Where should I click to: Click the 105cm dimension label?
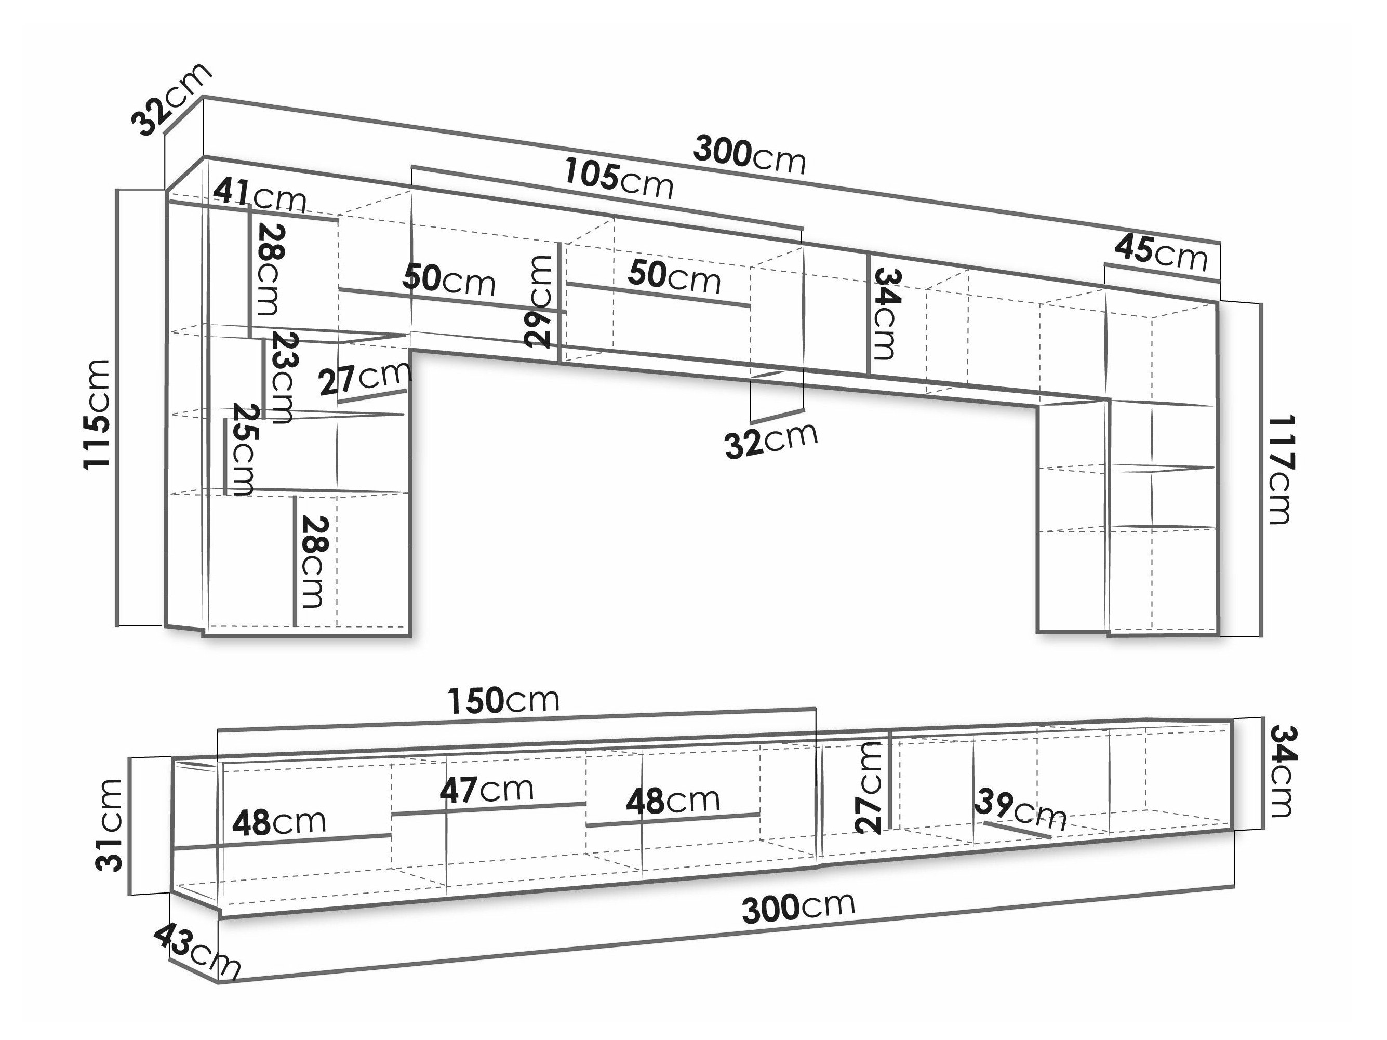(x=618, y=179)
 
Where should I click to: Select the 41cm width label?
(x=260, y=196)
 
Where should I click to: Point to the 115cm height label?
(x=98, y=414)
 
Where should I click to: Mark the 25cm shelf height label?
(x=243, y=449)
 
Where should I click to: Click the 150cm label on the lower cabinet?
(x=503, y=700)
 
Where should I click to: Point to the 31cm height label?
(x=109, y=825)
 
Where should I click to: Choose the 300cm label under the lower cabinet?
(x=798, y=907)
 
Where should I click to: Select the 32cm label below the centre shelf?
(x=771, y=440)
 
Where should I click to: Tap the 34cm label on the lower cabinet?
(x=1282, y=772)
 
